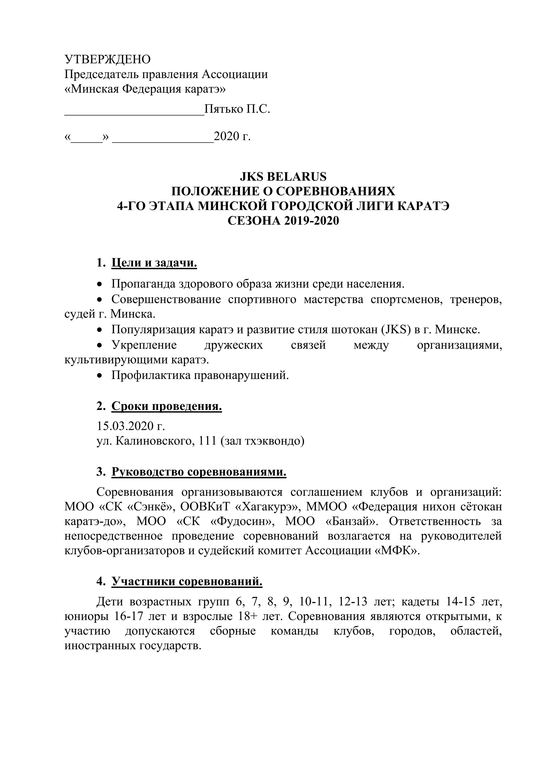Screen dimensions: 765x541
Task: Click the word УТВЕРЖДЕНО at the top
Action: coord(107,59)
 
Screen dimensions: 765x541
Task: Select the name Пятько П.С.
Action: coord(237,109)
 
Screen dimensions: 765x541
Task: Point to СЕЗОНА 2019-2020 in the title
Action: coord(283,221)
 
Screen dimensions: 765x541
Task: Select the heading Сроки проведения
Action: coord(167,407)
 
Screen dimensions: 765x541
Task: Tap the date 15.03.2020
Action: coord(126,426)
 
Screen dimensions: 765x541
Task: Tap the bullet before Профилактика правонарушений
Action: coord(99,376)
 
